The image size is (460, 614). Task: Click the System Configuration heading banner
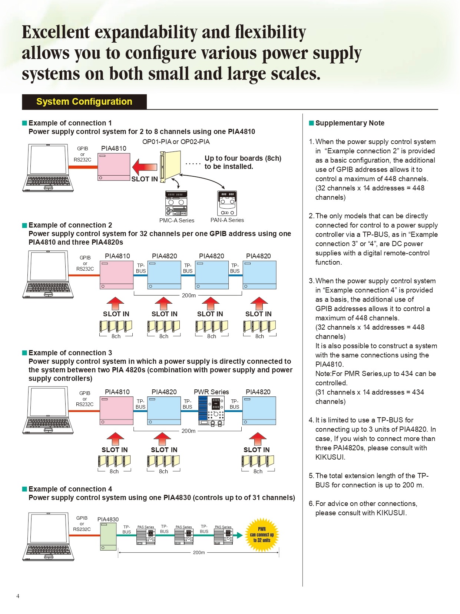(x=84, y=102)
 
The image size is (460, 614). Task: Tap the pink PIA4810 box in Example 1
(x=114, y=167)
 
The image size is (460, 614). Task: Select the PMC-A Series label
(x=176, y=221)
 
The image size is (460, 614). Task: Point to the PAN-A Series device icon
(x=227, y=203)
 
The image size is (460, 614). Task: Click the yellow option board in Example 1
(x=171, y=166)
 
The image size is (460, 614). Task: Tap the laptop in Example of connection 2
(x=48, y=274)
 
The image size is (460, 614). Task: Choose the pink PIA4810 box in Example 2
(x=116, y=275)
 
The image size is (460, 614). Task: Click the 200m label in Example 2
(x=189, y=295)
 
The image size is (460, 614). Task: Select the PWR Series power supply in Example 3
(x=211, y=411)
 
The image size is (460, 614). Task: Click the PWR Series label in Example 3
(x=211, y=392)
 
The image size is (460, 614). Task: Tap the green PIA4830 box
(x=108, y=537)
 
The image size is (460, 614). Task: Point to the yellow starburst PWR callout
(x=262, y=535)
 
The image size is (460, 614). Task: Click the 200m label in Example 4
(x=199, y=552)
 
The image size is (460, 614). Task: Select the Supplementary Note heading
(x=350, y=123)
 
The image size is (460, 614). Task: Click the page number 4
(x=18, y=596)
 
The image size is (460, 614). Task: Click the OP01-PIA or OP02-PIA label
(x=176, y=142)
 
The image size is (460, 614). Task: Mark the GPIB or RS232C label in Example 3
(x=85, y=399)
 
